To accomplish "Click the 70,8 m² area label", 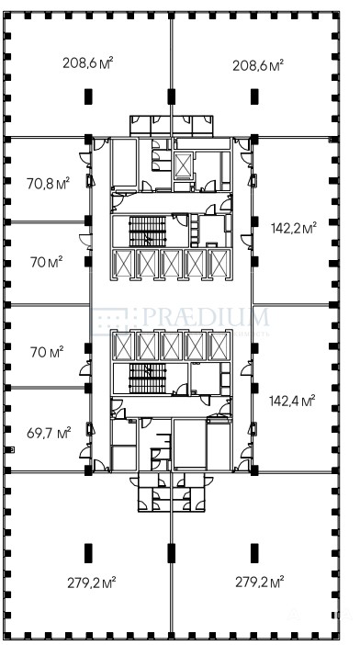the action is [49, 183].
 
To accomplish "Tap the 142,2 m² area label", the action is [294, 228].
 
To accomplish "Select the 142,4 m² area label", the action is [292, 400].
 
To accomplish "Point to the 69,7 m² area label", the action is [49, 433].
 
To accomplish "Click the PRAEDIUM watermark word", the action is [206, 317].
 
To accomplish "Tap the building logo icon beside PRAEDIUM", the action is [109, 322].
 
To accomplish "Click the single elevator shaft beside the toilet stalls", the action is [183, 165].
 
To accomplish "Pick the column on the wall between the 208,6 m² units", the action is [172, 96].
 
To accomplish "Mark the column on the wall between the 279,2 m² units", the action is [172, 553].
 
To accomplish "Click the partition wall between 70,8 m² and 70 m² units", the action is [48, 222].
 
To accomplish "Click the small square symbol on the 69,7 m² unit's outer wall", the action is [13, 449].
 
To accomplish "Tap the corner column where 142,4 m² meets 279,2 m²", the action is [254, 470].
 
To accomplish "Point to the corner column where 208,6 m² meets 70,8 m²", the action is [88, 139].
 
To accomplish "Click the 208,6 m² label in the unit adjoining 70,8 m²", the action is [88, 62].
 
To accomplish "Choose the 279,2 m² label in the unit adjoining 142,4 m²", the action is [260, 583].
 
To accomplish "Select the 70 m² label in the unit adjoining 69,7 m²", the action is [47, 352].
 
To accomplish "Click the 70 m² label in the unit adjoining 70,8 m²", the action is [47, 262].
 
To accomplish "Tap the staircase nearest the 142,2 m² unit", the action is [148, 232].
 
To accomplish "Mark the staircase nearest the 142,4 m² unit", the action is [148, 378].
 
